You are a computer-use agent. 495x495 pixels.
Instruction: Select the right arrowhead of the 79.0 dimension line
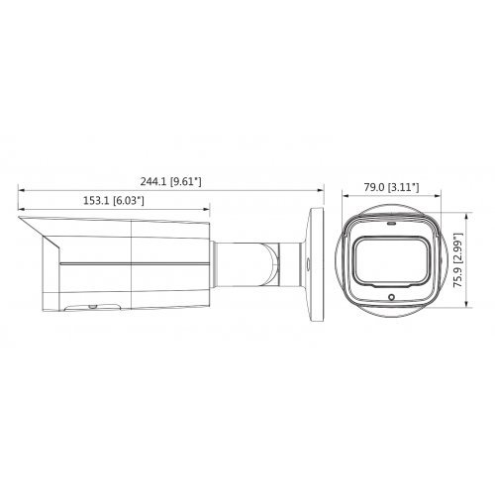click(x=433, y=195)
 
